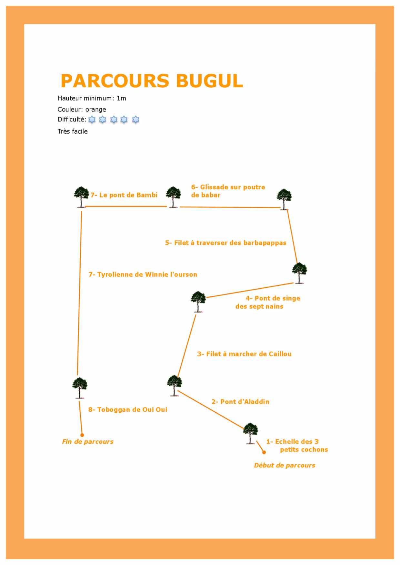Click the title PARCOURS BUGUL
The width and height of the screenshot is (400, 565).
pyautogui.click(x=152, y=81)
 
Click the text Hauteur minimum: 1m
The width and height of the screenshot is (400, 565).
pyautogui.click(x=92, y=98)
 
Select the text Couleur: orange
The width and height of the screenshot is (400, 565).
pyautogui.click(x=82, y=110)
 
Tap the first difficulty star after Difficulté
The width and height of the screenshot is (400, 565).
pyautogui.click(x=92, y=120)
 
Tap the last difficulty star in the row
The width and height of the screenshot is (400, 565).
pyautogui.click(x=136, y=120)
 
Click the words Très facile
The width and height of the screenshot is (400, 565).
pyautogui.click(x=73, y=131)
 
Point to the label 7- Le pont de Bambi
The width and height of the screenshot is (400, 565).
pyautogui.click(x=124, y=195)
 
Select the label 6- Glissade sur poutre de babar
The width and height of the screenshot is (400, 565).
pyautogui.click(x=228, y=191)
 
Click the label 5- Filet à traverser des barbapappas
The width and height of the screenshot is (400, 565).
pyautogui.click(x=226, y=243)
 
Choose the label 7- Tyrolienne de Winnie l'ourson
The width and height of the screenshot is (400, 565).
pyautogui.click(x=143, y=274)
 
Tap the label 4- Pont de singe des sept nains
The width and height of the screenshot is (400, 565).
pyautogui.click(x=268, y=302)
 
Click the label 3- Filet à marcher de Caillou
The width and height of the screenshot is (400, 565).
pyautogui.click(x=245, y=354)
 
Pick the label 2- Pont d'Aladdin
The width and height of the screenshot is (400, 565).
pyautogui.click(x=240, y=402)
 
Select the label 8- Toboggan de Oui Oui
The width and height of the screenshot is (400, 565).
pyautogui.click(x=128, y=410)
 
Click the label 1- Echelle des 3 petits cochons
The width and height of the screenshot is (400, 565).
pyautogui.click(x=297, y=445)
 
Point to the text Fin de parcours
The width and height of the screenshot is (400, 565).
pyautogui.click(x=88, y=442)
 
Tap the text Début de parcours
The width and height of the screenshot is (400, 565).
pyautogui.click(x=285, y=465)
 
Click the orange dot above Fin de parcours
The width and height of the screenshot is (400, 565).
pyautogui.click(x=82, y=435)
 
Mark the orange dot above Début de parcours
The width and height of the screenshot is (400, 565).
pyautogui.click(x=264, y=452)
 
